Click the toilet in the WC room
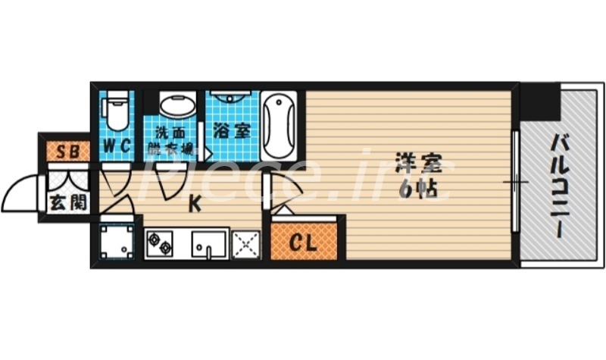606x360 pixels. coord(117,110)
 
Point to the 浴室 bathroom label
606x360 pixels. coord(231,131)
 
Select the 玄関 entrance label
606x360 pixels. coord(67,203)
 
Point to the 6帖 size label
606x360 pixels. coord(416,189)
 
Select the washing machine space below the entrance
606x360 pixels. coord(117,242)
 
